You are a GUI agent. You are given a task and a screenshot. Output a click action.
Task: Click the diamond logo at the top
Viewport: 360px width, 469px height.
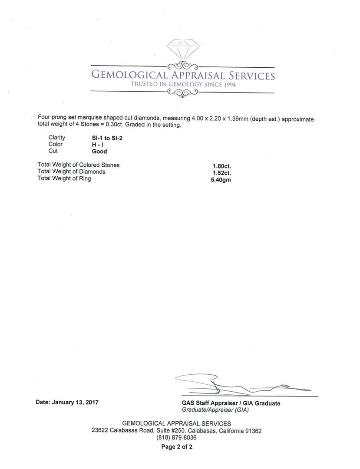coord(183,50)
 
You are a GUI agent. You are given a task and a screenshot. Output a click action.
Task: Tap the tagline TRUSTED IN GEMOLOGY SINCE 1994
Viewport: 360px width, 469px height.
coord(183,84)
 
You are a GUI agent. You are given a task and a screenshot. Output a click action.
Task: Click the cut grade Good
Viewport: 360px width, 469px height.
coord(99,152)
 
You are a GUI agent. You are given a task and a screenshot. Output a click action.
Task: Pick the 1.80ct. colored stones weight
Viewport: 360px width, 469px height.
coord(221,165)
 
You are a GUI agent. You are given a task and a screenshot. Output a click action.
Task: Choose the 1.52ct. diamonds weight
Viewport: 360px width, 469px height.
coord(221,172)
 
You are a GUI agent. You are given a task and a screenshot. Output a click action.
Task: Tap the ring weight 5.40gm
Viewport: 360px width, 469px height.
coord(221,179)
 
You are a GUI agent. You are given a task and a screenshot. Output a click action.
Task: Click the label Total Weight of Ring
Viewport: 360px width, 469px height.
coord(64,178)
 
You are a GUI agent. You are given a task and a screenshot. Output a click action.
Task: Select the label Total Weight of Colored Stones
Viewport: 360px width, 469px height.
coord(79,165)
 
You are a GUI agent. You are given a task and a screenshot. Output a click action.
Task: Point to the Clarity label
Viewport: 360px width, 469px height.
coord(57,138)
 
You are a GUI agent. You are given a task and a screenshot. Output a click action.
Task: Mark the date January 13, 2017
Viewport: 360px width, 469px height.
coord(67,402)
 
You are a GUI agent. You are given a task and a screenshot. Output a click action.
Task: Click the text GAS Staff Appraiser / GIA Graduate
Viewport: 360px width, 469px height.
coord(231,403)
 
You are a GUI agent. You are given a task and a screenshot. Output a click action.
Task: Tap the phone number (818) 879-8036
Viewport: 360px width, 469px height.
coord(176,438)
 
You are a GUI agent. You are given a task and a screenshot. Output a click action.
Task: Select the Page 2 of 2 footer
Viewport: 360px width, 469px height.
coord(177,446)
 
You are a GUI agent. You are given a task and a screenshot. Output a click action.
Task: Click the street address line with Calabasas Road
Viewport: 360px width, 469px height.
coord(176,431)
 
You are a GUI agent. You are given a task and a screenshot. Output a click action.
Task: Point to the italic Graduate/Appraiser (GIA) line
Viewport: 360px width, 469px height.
coord(215,410)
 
